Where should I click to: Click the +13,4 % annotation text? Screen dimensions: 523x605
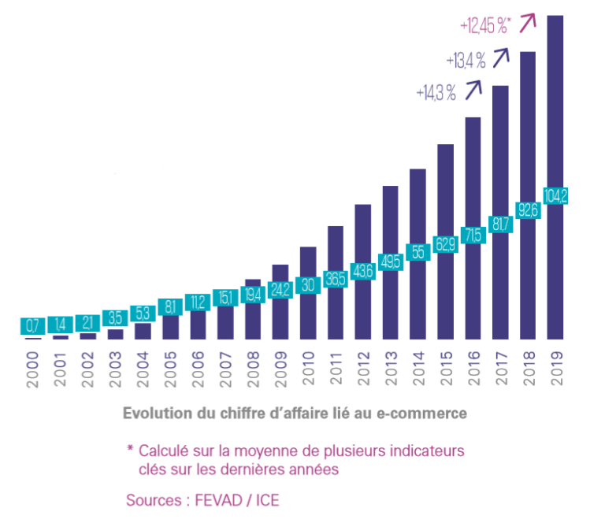[465, 60]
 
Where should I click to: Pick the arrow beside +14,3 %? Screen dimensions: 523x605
[473, 90]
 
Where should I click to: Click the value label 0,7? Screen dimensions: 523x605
[32, 325]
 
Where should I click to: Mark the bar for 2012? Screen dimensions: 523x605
[363, 236]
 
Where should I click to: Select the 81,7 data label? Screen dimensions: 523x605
[500, 224]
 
